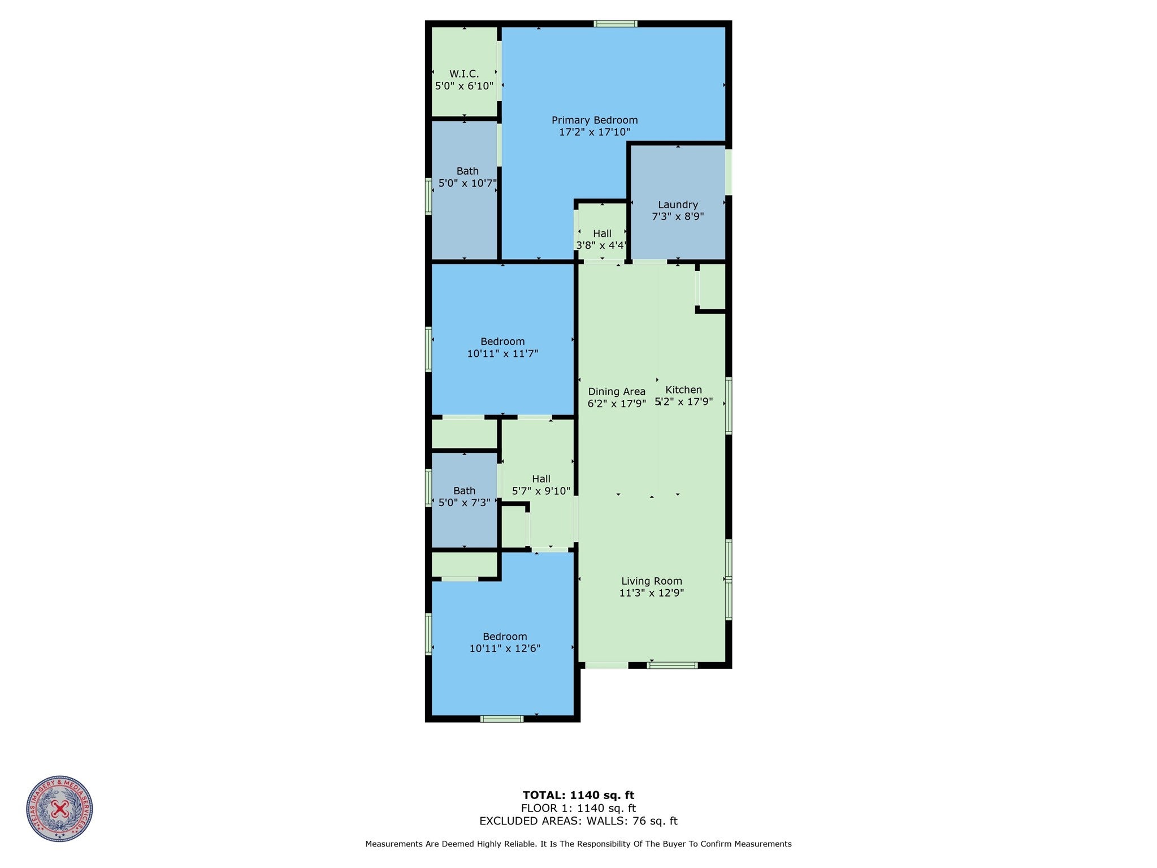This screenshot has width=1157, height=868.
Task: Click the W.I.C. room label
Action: click(x=464, y=74)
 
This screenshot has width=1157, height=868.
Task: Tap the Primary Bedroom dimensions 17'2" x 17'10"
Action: click(x=594, y=132)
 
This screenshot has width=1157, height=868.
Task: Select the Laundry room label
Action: click(x=677, y=205)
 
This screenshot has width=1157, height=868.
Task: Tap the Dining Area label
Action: click(x=616, y=392)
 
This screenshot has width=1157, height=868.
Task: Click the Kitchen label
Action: click(x=683, y=390)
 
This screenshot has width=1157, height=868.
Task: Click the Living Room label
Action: click(x=651, y=581)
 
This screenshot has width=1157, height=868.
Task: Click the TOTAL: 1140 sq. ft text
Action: click(x=578, y=795)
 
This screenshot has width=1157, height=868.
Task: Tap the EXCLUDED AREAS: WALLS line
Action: click(x=578, y=821)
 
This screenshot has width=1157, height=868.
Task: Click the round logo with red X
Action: click(x=59, y=809)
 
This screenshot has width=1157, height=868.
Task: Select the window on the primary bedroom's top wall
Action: click(x=615, y=24)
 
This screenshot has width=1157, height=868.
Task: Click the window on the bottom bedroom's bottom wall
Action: click(x=501, y=719)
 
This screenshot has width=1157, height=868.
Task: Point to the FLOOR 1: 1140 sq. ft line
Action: click(x=578, y=808)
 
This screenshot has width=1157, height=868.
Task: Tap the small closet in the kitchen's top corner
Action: click(x=712, y=287)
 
